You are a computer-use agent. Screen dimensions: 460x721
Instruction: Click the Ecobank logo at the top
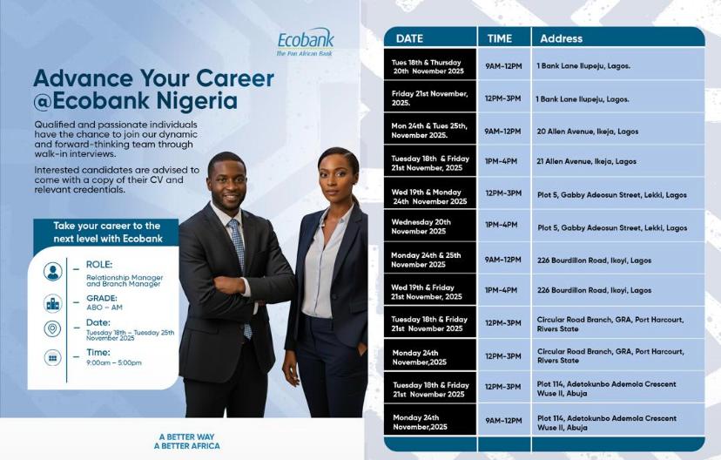pyautogui.click(x=305, y=42)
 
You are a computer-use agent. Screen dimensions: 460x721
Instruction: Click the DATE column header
pyautogui.click(x=409, y=38)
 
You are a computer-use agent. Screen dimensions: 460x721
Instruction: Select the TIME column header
pyautogui.click(x=500, y=38)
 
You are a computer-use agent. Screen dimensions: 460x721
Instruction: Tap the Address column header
pyautogui.click(x=561, y=38)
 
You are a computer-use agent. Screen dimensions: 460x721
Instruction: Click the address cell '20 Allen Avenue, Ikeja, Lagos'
pyautogui.click(x=588, y=132)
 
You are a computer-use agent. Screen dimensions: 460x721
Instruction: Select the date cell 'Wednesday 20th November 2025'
pyautogui.click(x=421, y=227)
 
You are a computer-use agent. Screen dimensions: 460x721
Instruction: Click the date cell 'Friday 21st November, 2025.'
pyautogui.click(x=429, y=98)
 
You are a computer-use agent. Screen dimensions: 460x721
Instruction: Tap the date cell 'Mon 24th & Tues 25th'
pyautogui.click(x=429, y=131)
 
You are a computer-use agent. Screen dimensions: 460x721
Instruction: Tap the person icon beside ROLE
pyautogui.click(x=53, y=272)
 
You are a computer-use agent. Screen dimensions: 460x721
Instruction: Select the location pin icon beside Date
pyautogui.click(x=53, y=329)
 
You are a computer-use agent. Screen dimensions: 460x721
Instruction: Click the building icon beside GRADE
pyautogui.click(x=53, y=302)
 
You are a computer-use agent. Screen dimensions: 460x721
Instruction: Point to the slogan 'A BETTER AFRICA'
pyautogui.click(x=186, y=446)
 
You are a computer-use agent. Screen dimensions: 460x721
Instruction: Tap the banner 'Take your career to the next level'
pyautogui.click(x=106, y=231)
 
